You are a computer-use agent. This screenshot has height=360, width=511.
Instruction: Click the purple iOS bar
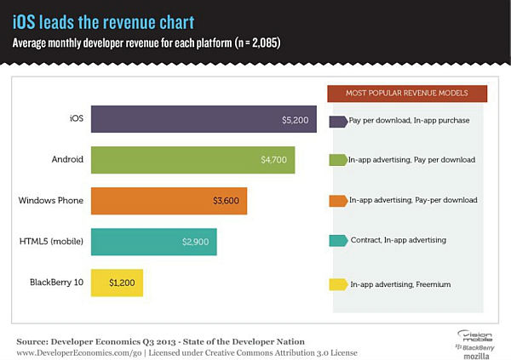click(x=204, y=120)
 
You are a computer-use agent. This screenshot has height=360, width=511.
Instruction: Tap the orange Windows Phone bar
click(x=169, y=201)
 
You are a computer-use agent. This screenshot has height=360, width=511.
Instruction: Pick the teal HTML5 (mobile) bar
click(x=153, y=241)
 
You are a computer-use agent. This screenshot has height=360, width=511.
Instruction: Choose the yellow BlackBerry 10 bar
click(x=117, y=281)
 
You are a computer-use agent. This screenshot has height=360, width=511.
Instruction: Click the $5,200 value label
click(x=296, y=120)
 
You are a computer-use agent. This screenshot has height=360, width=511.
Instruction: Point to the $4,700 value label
click(x=276, y=160)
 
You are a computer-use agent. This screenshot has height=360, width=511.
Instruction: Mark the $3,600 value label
click(x=227, y=201)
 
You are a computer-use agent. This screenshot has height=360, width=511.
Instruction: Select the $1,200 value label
click(x=123, y=281)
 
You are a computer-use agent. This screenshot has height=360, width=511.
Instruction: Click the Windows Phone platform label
click(x=50, y=201)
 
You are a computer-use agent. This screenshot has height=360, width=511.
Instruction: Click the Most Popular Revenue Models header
click(x=405, y=92)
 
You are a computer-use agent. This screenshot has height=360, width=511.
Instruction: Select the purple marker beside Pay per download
click(x=337, y=121)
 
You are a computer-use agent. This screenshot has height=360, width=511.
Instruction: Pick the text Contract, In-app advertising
click(x=398, y=241)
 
